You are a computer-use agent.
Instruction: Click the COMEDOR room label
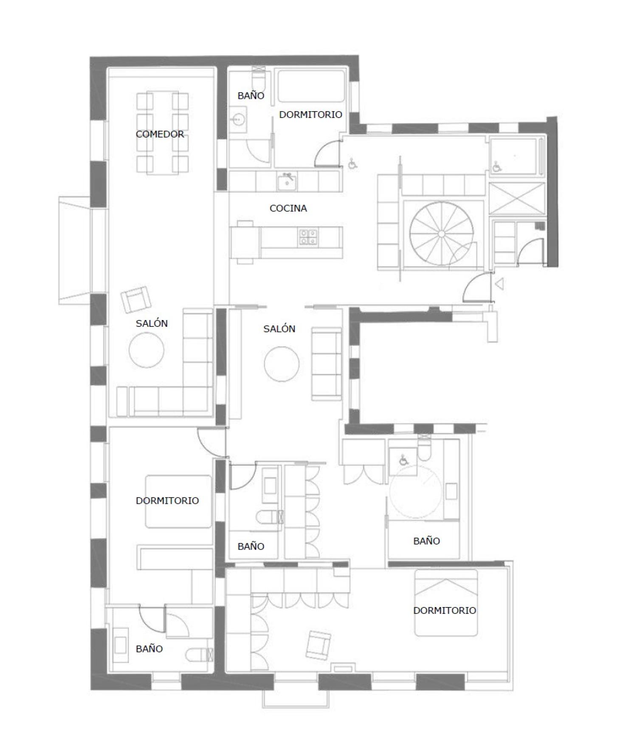click(x=160, y=134)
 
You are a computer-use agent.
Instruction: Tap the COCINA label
click(x=288, y=208)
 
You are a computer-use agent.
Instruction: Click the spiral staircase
click(x=441, y=233)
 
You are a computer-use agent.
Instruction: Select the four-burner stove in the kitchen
click(x=308, y=237)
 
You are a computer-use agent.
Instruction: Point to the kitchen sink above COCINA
click(x=287, y=183)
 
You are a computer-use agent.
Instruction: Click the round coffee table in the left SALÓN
click(x=147, y=350)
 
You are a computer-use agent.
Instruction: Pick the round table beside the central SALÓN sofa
click(x=282, y=364)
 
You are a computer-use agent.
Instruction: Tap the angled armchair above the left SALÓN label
click(x=136, y=299)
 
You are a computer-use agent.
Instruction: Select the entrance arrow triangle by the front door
click(x=500, y=284)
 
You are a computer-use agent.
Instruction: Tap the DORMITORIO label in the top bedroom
click(x=310, y=115)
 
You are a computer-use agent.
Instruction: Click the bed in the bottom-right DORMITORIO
click(x=446, y=603)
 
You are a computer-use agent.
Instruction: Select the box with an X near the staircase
click(x=517, y=198)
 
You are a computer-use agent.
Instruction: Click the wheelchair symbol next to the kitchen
click(x=352, y=163)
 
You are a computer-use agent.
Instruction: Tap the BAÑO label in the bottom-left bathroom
click(x=149, y=649)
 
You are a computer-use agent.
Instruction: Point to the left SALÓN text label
click(x=152, y=323)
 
